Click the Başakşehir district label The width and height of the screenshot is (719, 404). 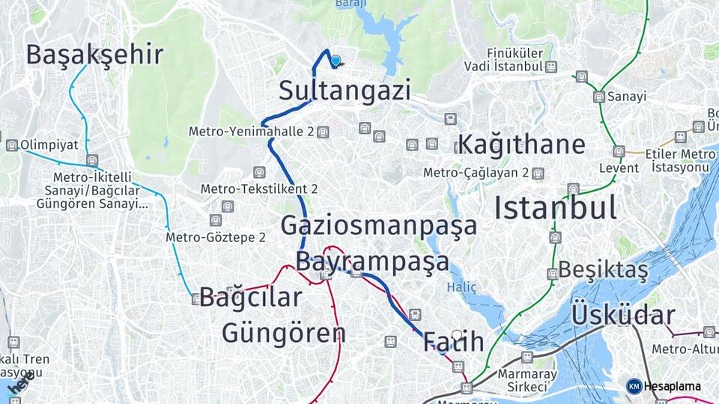click(94, 55)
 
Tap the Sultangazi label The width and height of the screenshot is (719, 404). click(345, 91)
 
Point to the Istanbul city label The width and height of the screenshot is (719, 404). click(556, 207)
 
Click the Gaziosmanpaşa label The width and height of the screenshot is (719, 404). click(379, 224)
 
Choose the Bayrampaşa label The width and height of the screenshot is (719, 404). click(372, 261)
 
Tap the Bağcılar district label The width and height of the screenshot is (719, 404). click(251, 297)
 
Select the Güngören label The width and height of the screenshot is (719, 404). click(283, 332)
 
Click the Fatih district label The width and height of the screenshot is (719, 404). click(453, 342)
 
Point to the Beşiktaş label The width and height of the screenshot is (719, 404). click(603, 269)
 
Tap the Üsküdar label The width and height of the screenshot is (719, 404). click(623, 316)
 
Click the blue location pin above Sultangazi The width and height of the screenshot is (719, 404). click(336, 61)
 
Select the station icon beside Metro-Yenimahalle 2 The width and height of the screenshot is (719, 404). click(323, 132)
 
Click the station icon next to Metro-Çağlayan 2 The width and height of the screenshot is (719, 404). click(537, 174)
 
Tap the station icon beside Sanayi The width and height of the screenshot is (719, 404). click(598, 97)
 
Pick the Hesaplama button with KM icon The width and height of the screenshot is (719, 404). click(664, 386)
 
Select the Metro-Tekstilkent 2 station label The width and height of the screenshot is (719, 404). click(259, 189)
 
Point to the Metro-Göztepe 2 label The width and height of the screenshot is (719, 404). click(216, 238)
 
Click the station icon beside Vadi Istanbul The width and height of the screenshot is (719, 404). click(551, 67)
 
